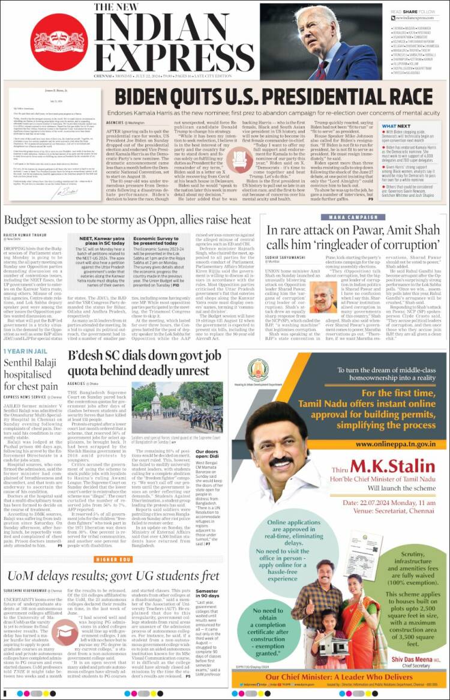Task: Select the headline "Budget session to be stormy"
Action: tap(128, 220)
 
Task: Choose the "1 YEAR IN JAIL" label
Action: tap(24, 351)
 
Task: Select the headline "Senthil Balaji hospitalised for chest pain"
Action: tap(31, 375)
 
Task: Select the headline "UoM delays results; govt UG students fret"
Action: tap(110, 576)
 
